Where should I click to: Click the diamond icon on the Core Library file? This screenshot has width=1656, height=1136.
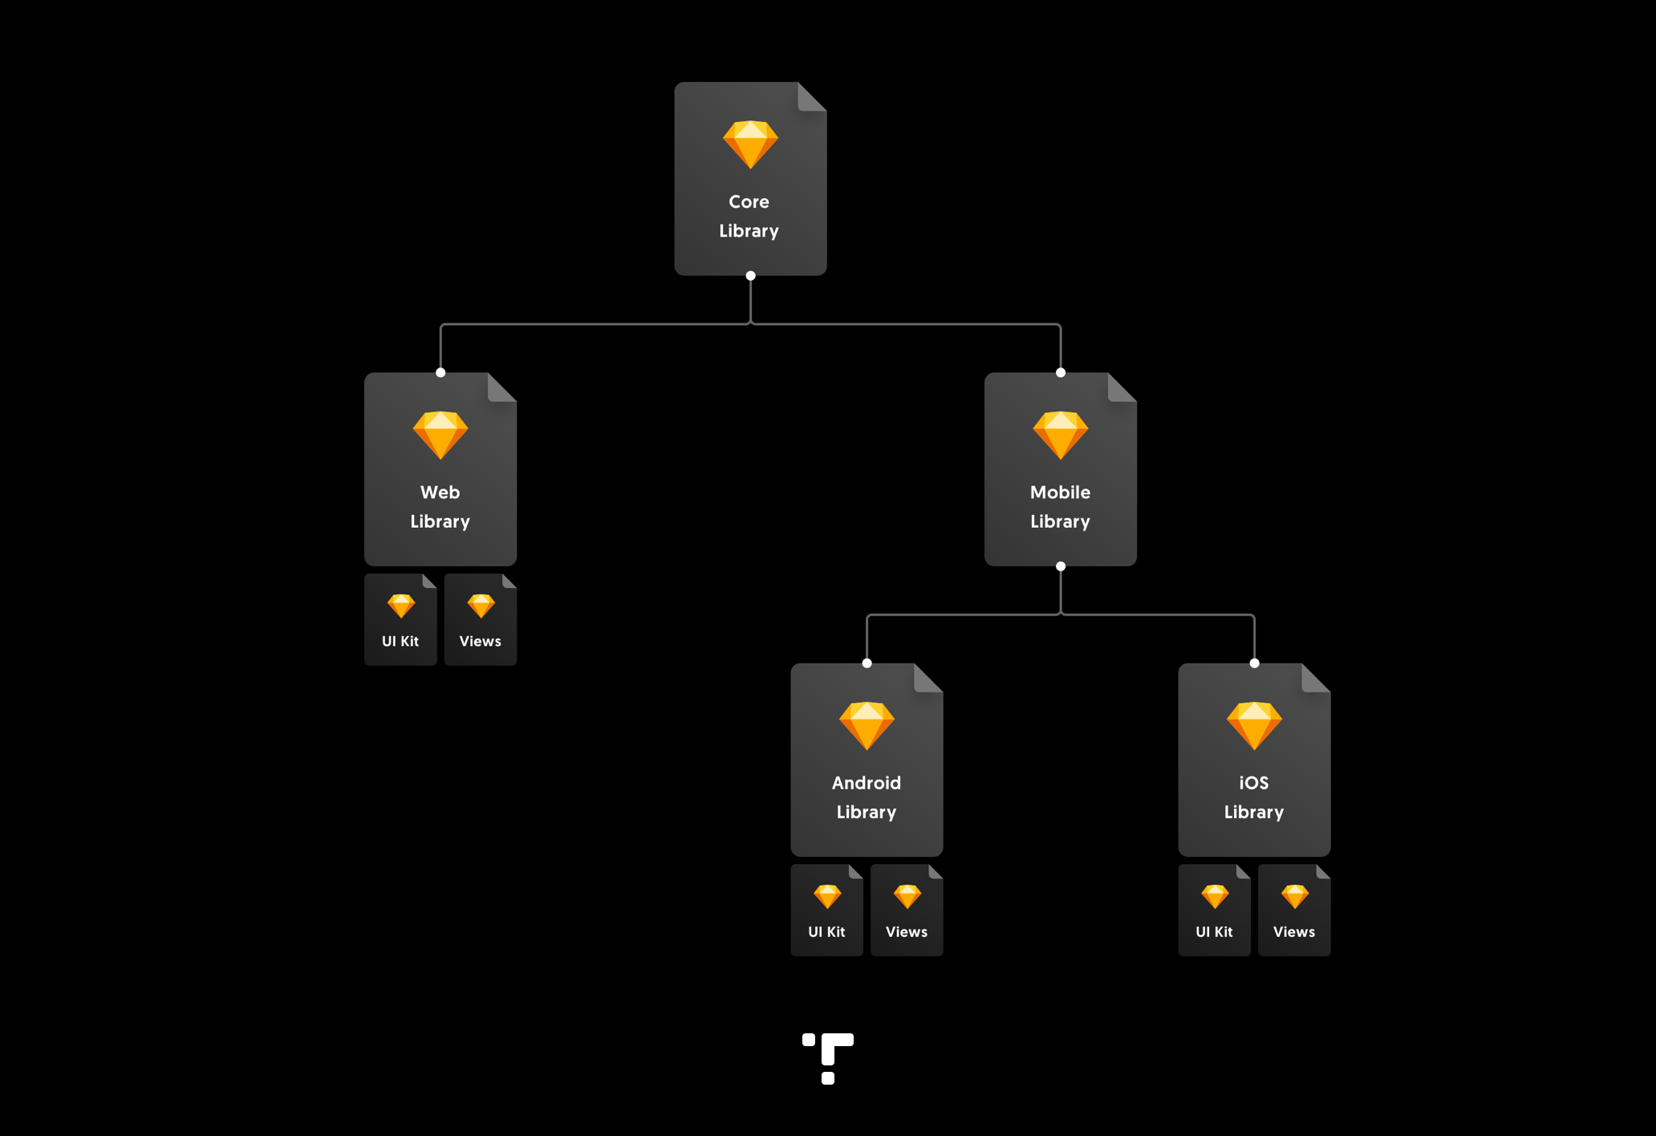click(750, 144)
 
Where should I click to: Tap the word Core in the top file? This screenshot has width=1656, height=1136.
click(749, 201)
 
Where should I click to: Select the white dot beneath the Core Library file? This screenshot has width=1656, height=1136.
click(750, 276)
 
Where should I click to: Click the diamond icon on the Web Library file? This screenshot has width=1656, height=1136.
click(440, 435)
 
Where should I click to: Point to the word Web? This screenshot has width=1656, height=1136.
click(440, 492)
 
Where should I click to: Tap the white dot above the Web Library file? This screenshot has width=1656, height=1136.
click(440, 372)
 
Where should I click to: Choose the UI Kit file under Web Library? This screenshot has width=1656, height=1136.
click(400, 619)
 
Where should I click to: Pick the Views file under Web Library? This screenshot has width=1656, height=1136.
click(481, 619)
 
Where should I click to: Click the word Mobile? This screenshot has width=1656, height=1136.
click(1060, 492)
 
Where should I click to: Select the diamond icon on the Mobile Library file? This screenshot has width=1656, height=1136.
click(1060, 435)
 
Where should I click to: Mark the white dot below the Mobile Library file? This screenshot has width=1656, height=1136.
click(1061, 566)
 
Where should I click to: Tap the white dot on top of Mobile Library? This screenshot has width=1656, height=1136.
click(1061, 372)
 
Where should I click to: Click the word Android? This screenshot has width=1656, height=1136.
click(867, 782)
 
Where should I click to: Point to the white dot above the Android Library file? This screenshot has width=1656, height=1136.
click(867, 663)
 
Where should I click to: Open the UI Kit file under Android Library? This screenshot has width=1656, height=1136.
click(826, 910)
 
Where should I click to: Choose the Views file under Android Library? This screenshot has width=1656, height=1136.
click(907, 910)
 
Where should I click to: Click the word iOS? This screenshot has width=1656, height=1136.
click(1254, 782)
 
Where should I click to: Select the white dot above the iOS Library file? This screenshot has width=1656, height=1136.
click(1255, 663)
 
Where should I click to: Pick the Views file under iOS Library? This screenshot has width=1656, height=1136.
click(1294, 910)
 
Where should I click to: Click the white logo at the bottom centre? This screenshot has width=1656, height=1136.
click(829, 1057)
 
